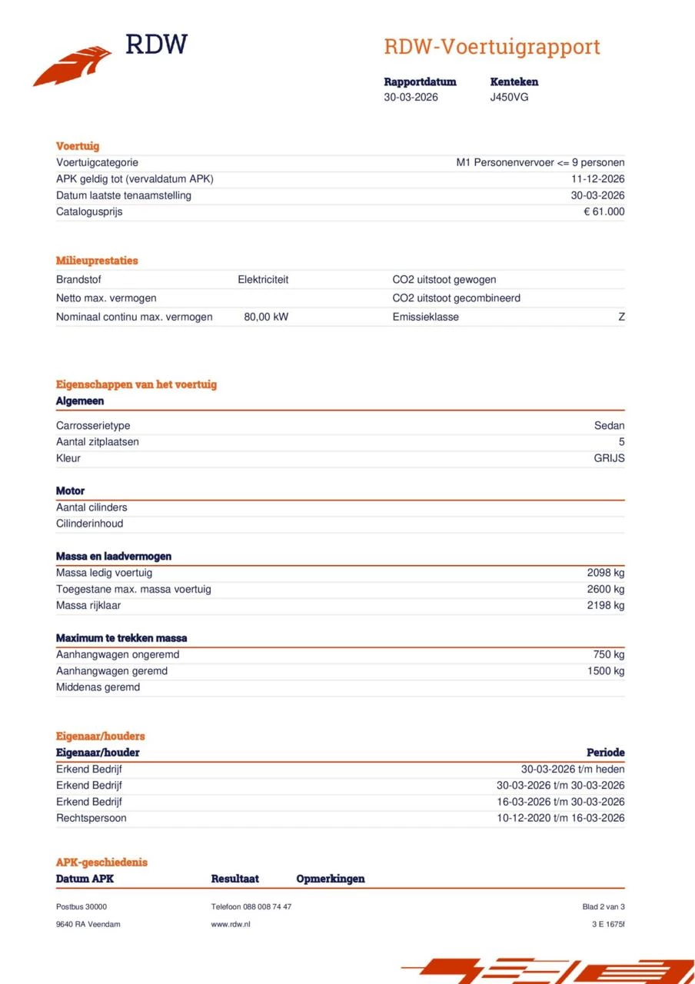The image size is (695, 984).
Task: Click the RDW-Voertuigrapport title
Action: (x=491, y=47)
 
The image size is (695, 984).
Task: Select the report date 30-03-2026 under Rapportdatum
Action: (x=411, y=98)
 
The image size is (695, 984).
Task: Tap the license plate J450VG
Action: (x=509, y=98)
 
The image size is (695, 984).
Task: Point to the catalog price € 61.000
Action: (x=604, y=212)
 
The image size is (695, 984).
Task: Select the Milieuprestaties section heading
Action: (x=97, y=261)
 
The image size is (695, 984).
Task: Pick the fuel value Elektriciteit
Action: (x=263, y=280)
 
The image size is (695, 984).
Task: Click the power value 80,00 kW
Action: (x=266, y=317)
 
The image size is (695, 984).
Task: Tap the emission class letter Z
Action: (x=621, y=317)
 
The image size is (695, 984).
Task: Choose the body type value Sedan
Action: (x=609, y=426)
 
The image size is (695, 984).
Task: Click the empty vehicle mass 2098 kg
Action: (x=606, y=573)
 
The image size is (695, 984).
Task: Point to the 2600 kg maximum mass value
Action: (x=606, y=590)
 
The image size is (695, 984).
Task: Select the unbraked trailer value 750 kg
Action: (x=609, y=655)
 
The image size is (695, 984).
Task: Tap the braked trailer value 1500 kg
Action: (x=606, y=671)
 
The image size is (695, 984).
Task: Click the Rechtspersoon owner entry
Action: (x=91, y=818)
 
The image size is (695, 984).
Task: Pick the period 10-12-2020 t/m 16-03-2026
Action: (x=560, y=818)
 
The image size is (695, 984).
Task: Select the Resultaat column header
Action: (x=234, y=879)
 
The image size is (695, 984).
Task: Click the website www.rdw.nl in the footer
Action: (x=231, y=924)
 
